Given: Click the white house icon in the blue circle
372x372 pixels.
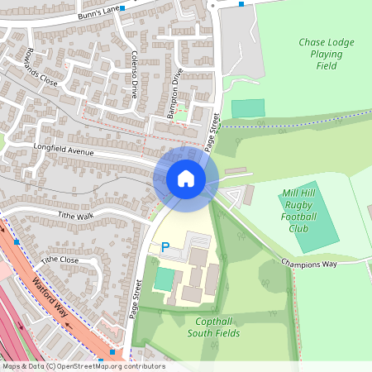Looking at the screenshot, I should (186, 178).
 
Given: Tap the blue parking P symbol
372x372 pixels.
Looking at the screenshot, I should (165, 246).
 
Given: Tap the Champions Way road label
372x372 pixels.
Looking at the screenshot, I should (309, 264).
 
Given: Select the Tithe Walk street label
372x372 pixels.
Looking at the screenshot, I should (77, 215).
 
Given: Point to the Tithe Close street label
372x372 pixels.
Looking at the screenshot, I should (60, 260).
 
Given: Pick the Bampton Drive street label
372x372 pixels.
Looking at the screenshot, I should (175, 99).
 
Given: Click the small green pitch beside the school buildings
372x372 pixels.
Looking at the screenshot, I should (165, 279).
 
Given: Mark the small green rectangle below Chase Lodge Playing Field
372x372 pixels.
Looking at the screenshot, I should (248, 108).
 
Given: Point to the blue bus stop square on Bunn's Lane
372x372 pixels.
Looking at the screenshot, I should (122, 8).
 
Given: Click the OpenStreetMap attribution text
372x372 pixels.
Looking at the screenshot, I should (83, 366).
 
